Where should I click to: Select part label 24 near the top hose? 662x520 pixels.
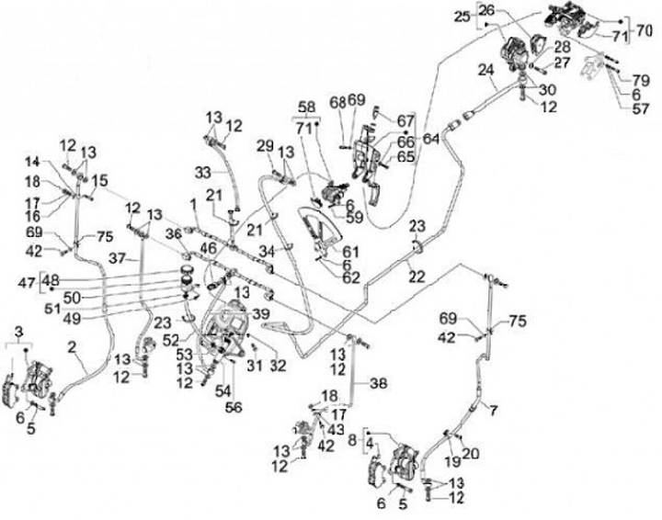click(x=486, y=70)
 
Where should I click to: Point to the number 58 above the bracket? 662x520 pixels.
click(x=305, y=107)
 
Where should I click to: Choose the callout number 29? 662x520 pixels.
click(x=265, y=146)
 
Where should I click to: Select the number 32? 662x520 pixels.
click(x=278, y=365)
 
